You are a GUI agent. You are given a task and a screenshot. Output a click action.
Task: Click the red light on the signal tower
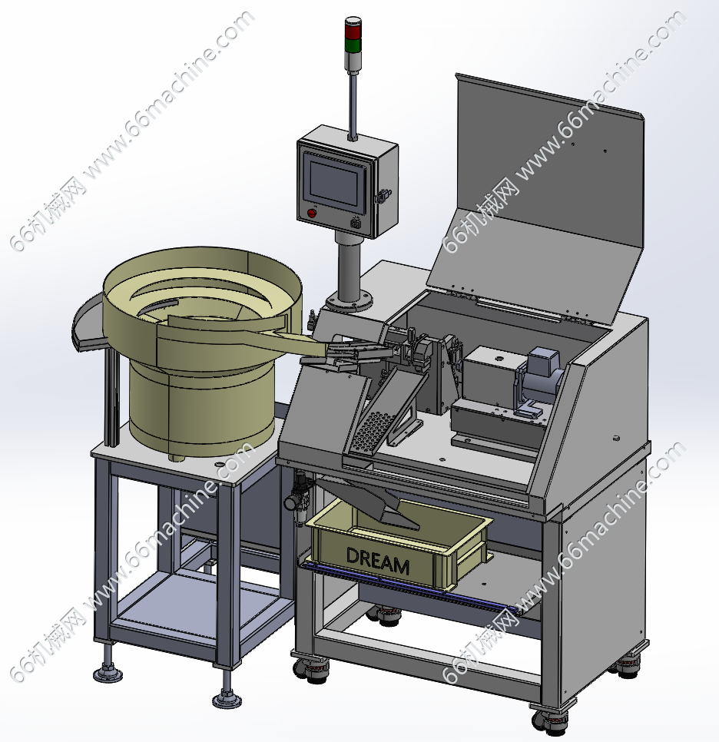pos(352,31)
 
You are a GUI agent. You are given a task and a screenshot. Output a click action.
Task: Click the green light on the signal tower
pos(352,45)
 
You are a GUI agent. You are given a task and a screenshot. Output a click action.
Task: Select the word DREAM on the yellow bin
pos(377,561)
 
